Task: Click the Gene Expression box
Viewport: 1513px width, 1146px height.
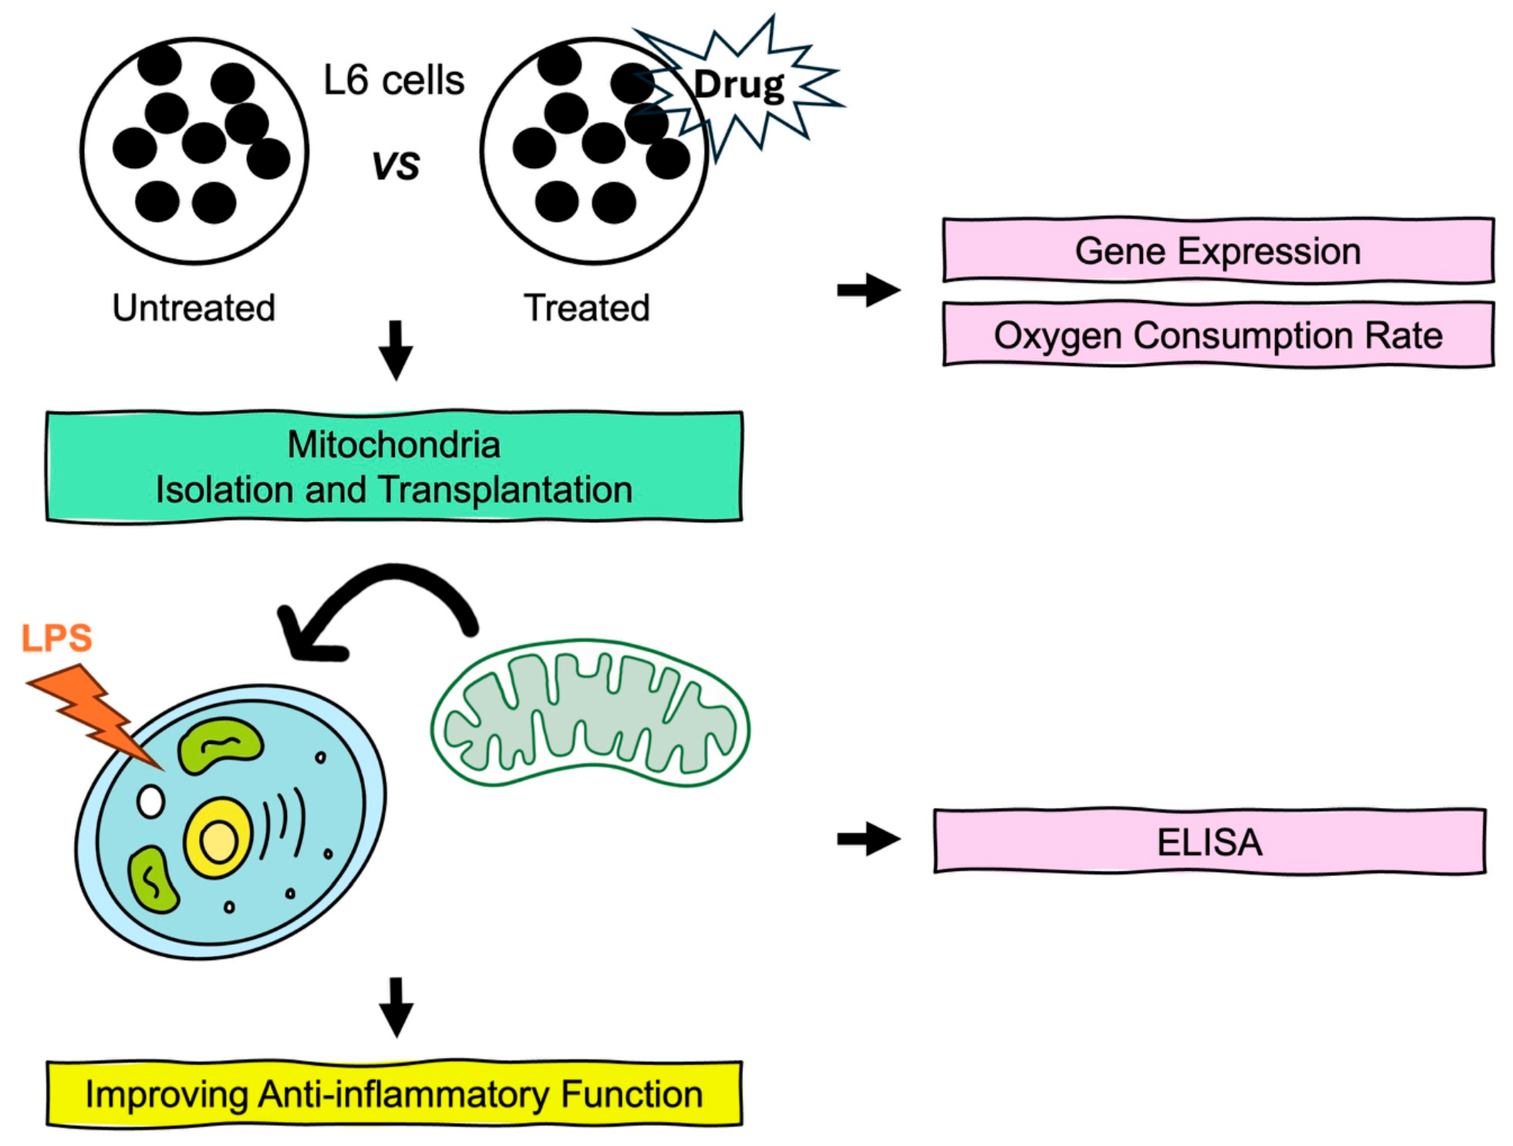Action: point(1218,250)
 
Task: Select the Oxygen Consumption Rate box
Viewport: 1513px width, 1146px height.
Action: point(1218,335)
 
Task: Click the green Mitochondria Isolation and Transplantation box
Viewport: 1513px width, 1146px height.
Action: point(394,467)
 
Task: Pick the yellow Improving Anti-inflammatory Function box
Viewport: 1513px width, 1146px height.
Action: point(394,1094)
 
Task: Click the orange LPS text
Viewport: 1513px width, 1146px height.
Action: point(57,638)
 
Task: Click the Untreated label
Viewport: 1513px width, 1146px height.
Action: point(194,308)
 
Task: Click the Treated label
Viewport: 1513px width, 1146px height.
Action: point(586,308)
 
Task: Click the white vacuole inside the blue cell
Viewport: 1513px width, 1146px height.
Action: point(151,801)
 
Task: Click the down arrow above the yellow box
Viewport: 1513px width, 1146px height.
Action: point(396,1007)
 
